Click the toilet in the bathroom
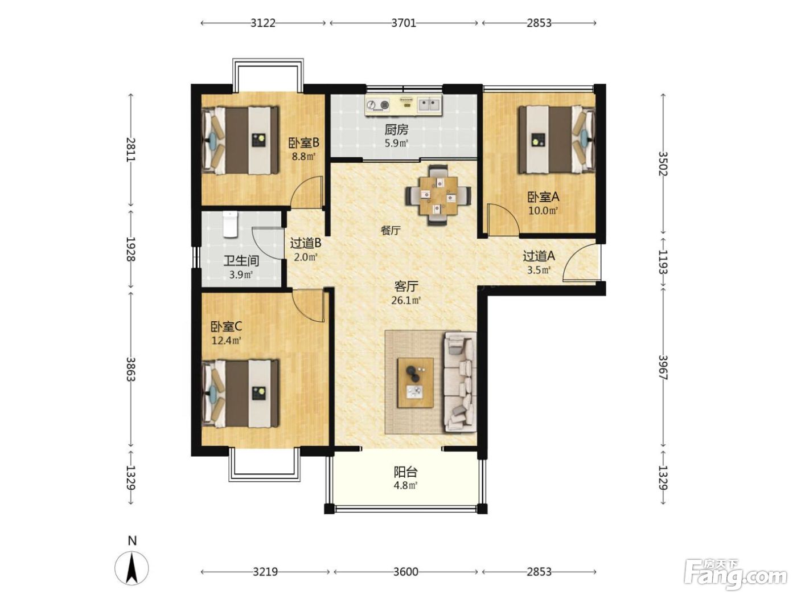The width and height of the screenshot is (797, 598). click(230, 224)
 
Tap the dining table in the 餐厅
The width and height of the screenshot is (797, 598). click(438, 195)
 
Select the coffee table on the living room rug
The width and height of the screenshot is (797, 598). click(416, 382)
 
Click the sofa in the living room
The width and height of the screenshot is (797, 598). click(459, 382)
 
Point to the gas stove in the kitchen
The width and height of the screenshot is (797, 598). click(377, 105)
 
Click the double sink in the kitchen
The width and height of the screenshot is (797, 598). click(430, 105)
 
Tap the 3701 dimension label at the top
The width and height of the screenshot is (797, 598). click(404, 23)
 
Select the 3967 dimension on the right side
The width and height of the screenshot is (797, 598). click(663, 367)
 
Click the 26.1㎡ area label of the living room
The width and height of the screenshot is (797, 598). click(406, 300)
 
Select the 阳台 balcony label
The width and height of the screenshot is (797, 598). click(405, 472)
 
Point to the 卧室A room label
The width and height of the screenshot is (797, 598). click(543, 197)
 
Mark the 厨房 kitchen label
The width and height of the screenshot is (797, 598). click(396, 130)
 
